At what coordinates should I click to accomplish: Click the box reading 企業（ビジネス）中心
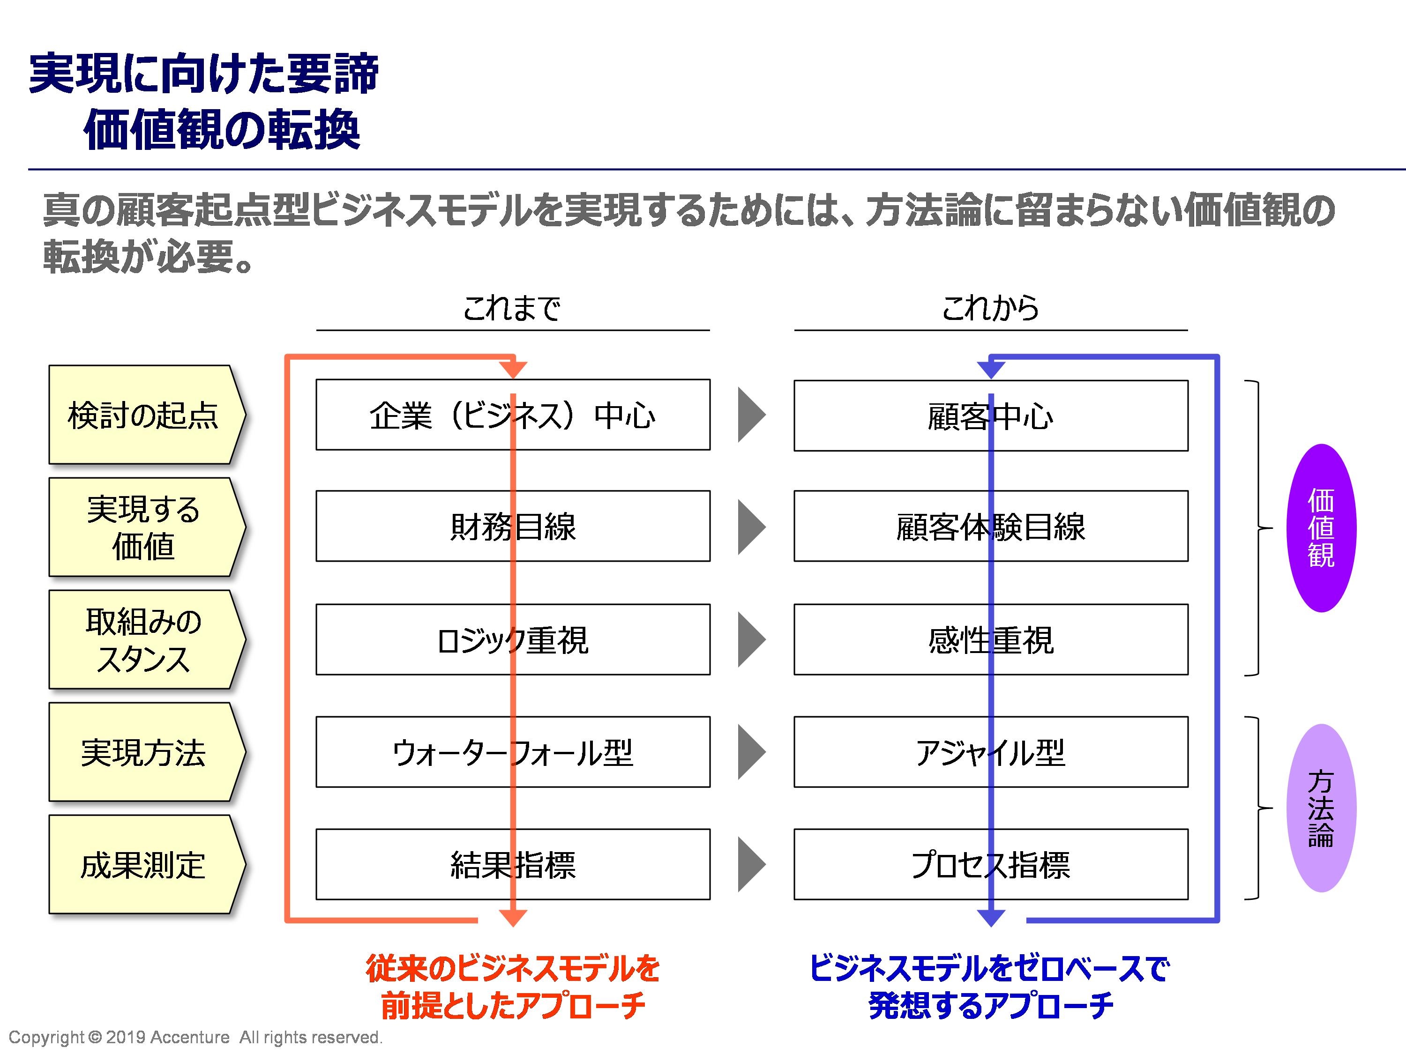(513, 415)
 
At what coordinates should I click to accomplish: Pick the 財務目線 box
(513, 526)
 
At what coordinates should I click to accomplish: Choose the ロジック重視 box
(513, 639)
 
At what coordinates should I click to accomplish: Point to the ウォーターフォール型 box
(513, 752)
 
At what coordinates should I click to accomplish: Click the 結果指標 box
(513, 864)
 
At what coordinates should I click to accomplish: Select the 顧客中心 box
(991, 416)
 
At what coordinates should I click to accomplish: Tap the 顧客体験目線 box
(991, 526)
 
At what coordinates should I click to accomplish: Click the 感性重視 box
(991, 639)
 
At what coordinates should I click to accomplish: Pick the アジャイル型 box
(991, 752)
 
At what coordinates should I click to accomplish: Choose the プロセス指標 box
(991, 864)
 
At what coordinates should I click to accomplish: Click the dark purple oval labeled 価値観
(1322, 528)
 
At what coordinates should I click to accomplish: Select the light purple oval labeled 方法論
(1322, 808)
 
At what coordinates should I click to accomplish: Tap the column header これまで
(512, 309)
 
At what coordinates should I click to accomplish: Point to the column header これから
(990, 309)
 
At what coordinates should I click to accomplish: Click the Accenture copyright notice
(195, 1038)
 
